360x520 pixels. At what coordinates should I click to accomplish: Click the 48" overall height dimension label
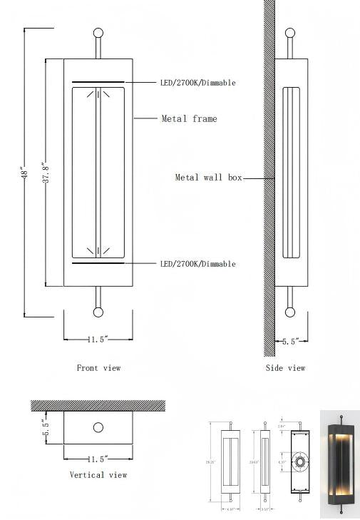[24, 173]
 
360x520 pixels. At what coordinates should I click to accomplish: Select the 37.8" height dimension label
[45, 173]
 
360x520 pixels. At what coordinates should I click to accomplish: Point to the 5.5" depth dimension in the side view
[289, 342]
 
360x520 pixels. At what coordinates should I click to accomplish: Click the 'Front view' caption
[98, 368]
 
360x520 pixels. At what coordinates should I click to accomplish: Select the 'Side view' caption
[285, 368]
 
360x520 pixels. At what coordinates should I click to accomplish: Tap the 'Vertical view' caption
[98, 474]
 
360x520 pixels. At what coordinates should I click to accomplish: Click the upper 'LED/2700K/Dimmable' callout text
[197, 83]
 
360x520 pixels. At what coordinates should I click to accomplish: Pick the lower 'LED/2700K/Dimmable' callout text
[197, 264]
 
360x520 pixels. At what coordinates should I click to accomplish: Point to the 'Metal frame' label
[189, 118]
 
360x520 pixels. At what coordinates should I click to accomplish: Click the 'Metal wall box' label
[209, 177]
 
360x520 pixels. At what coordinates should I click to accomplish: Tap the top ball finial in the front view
[98, 32]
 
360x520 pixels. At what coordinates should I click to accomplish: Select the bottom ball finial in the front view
[98, 312]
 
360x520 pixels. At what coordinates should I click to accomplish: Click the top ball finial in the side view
[289, 32]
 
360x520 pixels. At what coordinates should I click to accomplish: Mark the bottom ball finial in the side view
[289, 312]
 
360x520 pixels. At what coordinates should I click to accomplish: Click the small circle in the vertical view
[98, 428]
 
